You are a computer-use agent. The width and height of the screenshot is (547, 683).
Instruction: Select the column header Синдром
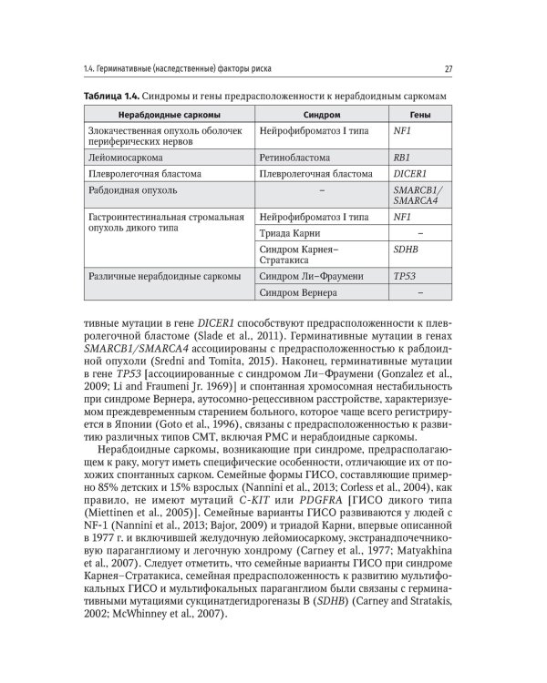(x=321, y=115)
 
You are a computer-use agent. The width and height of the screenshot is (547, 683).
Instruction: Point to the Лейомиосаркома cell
(x=126, y=157)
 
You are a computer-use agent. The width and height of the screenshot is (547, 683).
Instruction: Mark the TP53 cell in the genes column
(x=403, y=275)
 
